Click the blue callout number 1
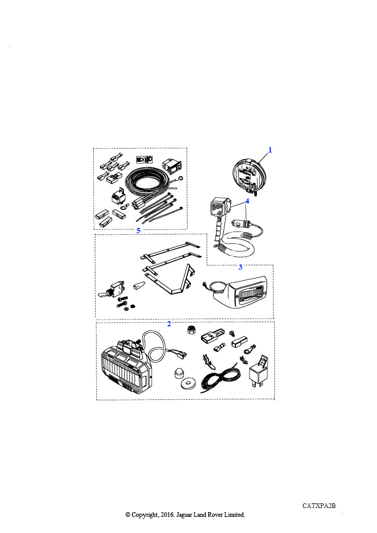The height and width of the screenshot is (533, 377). [x=270, y=150]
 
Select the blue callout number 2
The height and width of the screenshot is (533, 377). [x=169, y=324]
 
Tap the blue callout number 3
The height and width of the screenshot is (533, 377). [x=241, y=267]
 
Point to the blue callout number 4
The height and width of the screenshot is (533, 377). [x=247, y=201]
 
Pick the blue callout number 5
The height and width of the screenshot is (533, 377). [x=139, y=231]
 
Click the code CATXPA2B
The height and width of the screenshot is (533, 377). [x=319, y=506]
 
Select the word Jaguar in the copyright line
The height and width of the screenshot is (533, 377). [x=184, y=515]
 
